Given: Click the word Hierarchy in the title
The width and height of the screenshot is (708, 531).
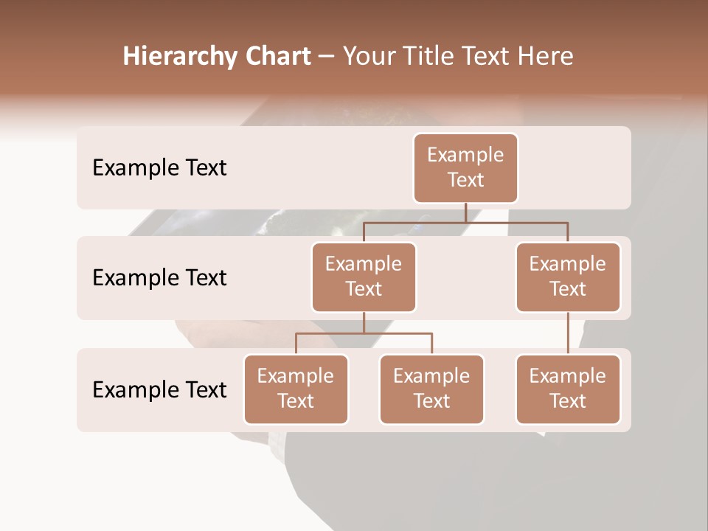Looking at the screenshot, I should click(x=180, y=56).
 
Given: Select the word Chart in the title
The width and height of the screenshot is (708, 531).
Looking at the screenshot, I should click(x=277, y=56).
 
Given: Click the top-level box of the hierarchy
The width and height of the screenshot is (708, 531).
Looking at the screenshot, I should click(x=465, y=168).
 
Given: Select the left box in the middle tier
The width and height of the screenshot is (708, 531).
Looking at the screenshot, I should click(x=364, y=277).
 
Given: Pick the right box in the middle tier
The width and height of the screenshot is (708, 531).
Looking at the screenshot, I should click(x=568, y=277).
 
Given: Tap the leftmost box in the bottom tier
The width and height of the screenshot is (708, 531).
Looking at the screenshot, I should click(x=296, y=389).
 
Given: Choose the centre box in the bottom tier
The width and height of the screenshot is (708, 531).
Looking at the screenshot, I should click(x=431, y=389).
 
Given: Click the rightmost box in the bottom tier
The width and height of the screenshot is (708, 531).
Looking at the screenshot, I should click(x=568, y=389).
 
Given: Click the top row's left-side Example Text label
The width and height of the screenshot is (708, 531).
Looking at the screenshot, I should click(x=159, y=168).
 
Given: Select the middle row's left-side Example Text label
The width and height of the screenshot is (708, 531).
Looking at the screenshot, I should click(x=159, y=278).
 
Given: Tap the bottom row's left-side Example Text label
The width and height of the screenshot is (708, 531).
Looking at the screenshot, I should click(x=159, y=389).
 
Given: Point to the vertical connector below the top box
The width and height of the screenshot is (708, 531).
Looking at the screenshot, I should click(x=465, y=212).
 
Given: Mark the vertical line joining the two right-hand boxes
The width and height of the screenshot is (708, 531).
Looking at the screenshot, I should click(x=568, y=333).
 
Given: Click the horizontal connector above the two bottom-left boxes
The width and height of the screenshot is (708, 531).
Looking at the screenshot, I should click(x=364, y=333).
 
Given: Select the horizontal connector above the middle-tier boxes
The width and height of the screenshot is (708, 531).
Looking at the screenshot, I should click(x=465, y=222).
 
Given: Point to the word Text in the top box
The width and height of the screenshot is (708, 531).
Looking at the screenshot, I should click(x=465, y=180).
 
